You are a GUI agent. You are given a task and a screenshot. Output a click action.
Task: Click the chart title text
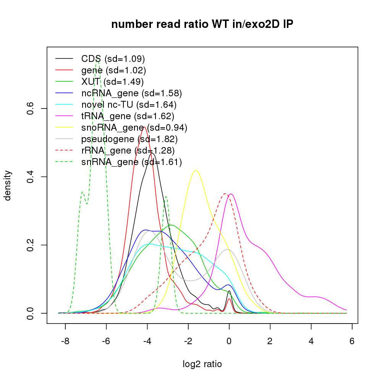tap(202, 24)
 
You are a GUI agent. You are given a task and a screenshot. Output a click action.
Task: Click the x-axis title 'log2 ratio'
tap(202, 364)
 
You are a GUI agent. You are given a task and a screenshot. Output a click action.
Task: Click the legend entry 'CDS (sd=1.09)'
tap(113, 59)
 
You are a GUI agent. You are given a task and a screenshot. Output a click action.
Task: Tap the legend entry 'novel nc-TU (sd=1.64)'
tap(129, 104)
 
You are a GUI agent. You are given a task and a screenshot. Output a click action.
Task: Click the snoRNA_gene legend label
tap(134, 127)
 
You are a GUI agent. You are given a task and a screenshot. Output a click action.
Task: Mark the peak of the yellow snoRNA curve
tap(196, 170)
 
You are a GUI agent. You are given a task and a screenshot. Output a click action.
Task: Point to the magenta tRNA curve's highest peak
tap(231, 194)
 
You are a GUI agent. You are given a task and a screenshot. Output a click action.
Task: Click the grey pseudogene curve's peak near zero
tap(228, 249)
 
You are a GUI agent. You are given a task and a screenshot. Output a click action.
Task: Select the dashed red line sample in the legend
tap(64, 150)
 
